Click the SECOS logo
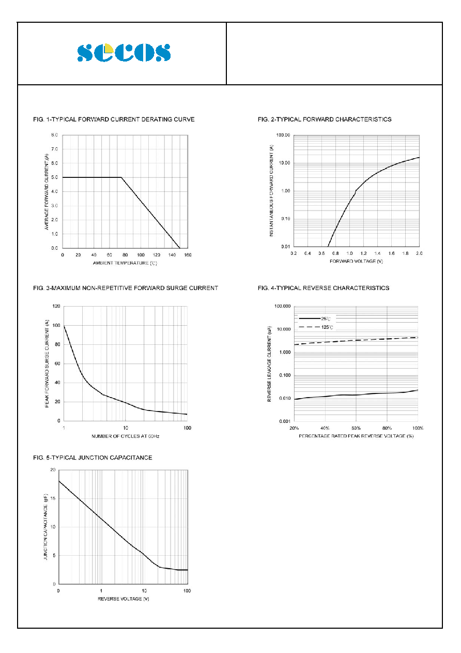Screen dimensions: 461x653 coord(124,52)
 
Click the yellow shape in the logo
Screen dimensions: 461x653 coord(109,48)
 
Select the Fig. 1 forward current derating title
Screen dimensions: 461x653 coord(114,119)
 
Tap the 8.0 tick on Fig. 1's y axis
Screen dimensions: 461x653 coord(54,135)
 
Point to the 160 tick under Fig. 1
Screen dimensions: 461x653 coord(188,255)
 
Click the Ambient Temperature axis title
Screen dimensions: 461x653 coord(125,263)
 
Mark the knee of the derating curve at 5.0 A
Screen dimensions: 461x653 coord(121,177)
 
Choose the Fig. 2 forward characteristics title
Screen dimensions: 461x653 coord(325,119)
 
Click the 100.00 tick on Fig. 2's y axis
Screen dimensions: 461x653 coord(283,135)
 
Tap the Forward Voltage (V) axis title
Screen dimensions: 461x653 coord(356,261)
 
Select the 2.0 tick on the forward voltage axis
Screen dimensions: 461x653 coord(419,253)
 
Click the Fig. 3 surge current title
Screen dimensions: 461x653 coord(126,288)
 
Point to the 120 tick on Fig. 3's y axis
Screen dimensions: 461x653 coord(56,306)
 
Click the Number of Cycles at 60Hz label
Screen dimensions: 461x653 coord(125,436)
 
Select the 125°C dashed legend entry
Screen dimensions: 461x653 coord(316,327)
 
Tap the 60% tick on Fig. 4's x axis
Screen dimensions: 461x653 coord(356,428)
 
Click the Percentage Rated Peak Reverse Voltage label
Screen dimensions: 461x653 coord(356,436)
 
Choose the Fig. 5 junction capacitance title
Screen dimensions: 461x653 coord(93,458)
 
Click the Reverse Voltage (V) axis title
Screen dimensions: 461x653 coord(124,599)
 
